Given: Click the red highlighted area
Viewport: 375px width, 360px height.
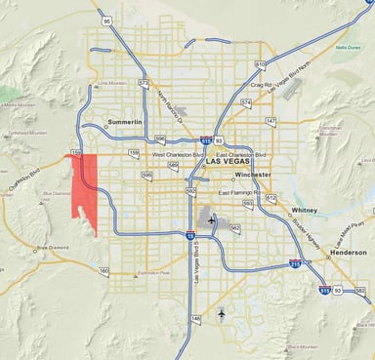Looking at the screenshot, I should click(88, 195).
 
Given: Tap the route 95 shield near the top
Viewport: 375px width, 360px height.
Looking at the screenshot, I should click(104, 19).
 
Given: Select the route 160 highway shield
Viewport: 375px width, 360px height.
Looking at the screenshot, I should click(104, 269).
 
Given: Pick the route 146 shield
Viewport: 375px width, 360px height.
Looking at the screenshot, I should click(195, 318).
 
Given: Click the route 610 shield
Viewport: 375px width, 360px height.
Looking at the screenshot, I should click(261, 64).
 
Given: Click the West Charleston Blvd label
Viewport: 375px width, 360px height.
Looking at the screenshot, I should click(173, 153).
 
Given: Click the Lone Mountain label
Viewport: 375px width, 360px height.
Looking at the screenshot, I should click(113, 85).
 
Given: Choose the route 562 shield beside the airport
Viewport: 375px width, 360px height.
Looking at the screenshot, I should click(234, 227).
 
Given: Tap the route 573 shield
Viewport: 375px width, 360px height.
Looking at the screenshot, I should click(143, 83).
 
